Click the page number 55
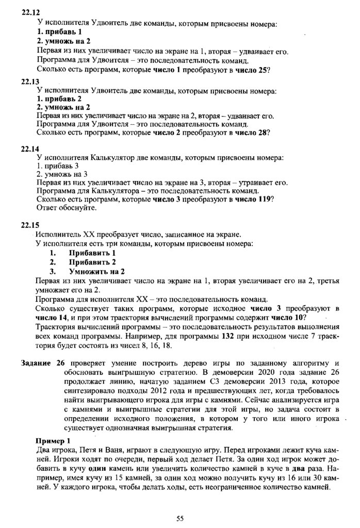click(180, 518)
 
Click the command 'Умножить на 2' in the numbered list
click(97, 271)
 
